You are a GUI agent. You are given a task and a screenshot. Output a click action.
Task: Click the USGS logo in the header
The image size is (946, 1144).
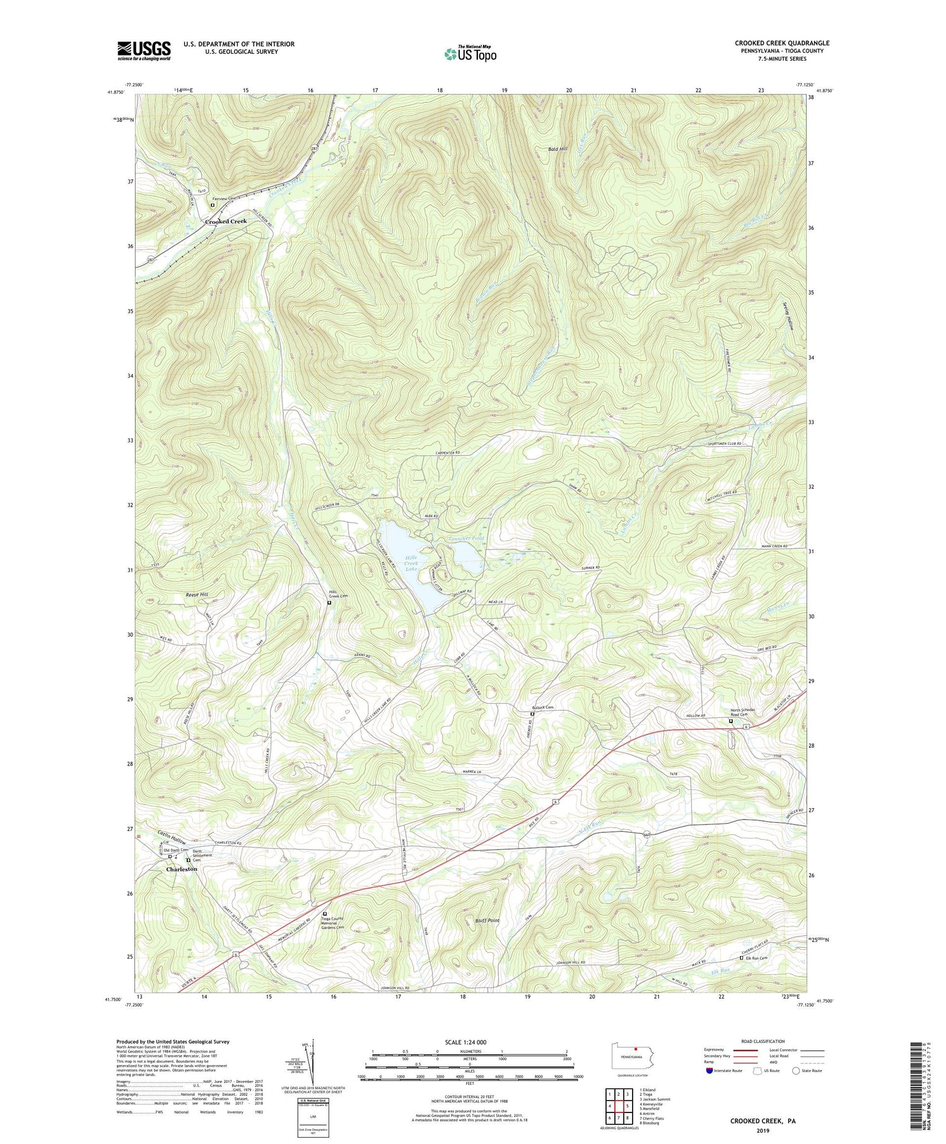pyautogui.click(x=144, y=50)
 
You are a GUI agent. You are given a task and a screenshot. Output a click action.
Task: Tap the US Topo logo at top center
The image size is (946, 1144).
pyautogui.click(x=470, y=53)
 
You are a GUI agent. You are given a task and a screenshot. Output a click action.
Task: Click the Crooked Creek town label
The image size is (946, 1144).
pyautogui.click(x=225, y=221)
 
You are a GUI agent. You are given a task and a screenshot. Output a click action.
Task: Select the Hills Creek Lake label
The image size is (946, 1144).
pyautogui.click(x=411, y=563)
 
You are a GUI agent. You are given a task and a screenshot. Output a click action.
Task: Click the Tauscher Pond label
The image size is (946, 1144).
pyautogui.click(x=466, y=538)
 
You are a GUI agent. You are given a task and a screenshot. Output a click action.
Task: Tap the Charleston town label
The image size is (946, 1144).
pyautogui.click(x=182, y=869)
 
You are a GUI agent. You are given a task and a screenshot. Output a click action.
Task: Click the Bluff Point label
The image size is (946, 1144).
pyautogui.click(x=487, y=921)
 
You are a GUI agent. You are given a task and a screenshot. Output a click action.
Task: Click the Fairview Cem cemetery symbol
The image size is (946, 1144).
pyautogui.click(x=213, y=205)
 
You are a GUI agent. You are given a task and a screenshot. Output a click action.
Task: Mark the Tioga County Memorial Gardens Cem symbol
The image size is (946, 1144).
pyautogui.click(x=325, y=914)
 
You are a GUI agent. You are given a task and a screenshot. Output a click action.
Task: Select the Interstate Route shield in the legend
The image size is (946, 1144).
pyautogui.click(x=709, y=1071)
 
